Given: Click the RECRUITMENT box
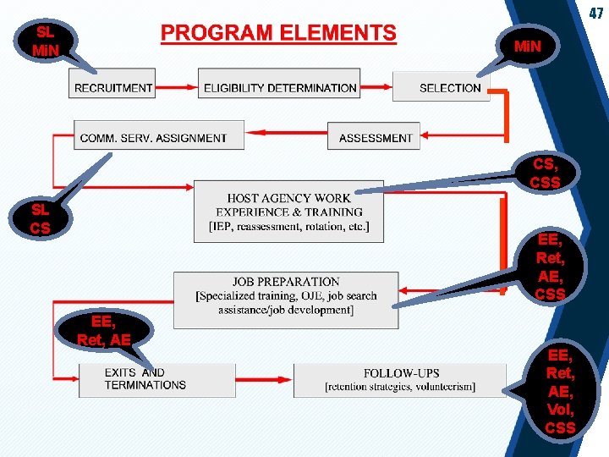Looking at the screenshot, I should pyautogui.click(x=112, y=87).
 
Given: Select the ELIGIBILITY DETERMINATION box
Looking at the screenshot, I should pyautogui.click(x=280, y=87).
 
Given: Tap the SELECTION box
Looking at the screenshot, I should pyautogui.click(x=449, y=87).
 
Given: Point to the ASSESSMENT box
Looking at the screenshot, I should pyautogui.click(x=375, y=137).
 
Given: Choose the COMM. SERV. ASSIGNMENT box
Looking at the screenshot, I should pyautogui.click(x=153, y=137).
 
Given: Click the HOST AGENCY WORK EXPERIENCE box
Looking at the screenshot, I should pyautogui.click(x=288, y=212).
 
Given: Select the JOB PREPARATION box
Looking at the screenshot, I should pyautogui.click(x=286, y=296).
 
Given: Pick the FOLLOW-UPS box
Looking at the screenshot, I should pyautogui.click(x=400, y=379).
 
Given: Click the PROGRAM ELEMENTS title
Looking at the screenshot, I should pyautogui.click(x=278, y=34).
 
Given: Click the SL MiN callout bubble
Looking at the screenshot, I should pyautogui.click(x=45, y=41).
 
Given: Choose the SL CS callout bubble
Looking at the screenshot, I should pyautogui.click(x=40, y=218).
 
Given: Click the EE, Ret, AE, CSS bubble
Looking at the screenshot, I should pyautogui.click(x=550, y=267).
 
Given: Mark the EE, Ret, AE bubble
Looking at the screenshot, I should pyautogui.click(x=103, y=331).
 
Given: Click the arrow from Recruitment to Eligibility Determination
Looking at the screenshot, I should pyautogui.click(x=177, y=87).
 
